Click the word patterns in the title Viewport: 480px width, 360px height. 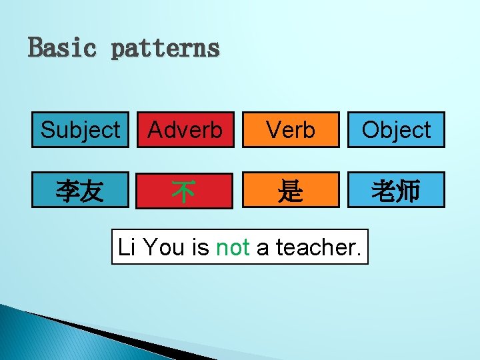(x=165, y=48)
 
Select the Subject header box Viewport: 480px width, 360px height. (x=80, y=129)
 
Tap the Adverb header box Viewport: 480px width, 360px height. (x=185, y=129)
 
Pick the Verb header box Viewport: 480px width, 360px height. (x=290, y=129)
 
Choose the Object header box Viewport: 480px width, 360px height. (x=396, y=129)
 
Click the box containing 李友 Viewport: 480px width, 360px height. (x=80, y=191)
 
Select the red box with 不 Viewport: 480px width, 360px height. (x=185, y=191)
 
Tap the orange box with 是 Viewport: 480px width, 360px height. (x=290, y=191)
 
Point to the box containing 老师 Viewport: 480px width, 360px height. (x=396, y=191)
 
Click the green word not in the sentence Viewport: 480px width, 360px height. (x=233, y=247)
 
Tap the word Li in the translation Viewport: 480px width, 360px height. (x=125, y=247)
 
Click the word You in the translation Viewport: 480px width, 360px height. (x=165, y=247)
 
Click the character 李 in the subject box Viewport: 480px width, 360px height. (x=68, y=191)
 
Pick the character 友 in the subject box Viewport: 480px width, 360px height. (x=91, y=191)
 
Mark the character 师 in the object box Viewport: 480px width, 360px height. (x=408, y=191)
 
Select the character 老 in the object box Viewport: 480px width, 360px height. (x=384, y=191)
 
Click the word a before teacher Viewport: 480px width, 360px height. (x=263, y=247)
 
